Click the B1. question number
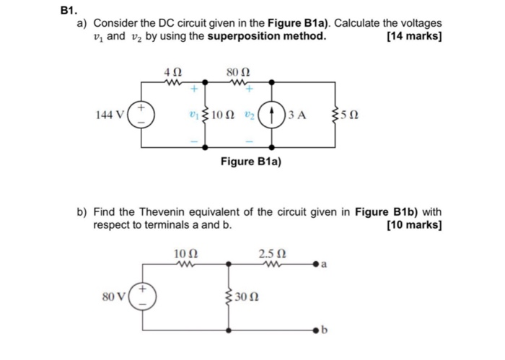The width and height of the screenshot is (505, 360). click(69, 10)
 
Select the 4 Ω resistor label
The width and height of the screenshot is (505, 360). click(172, 72)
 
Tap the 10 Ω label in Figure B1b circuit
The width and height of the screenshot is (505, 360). click(185, 253)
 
